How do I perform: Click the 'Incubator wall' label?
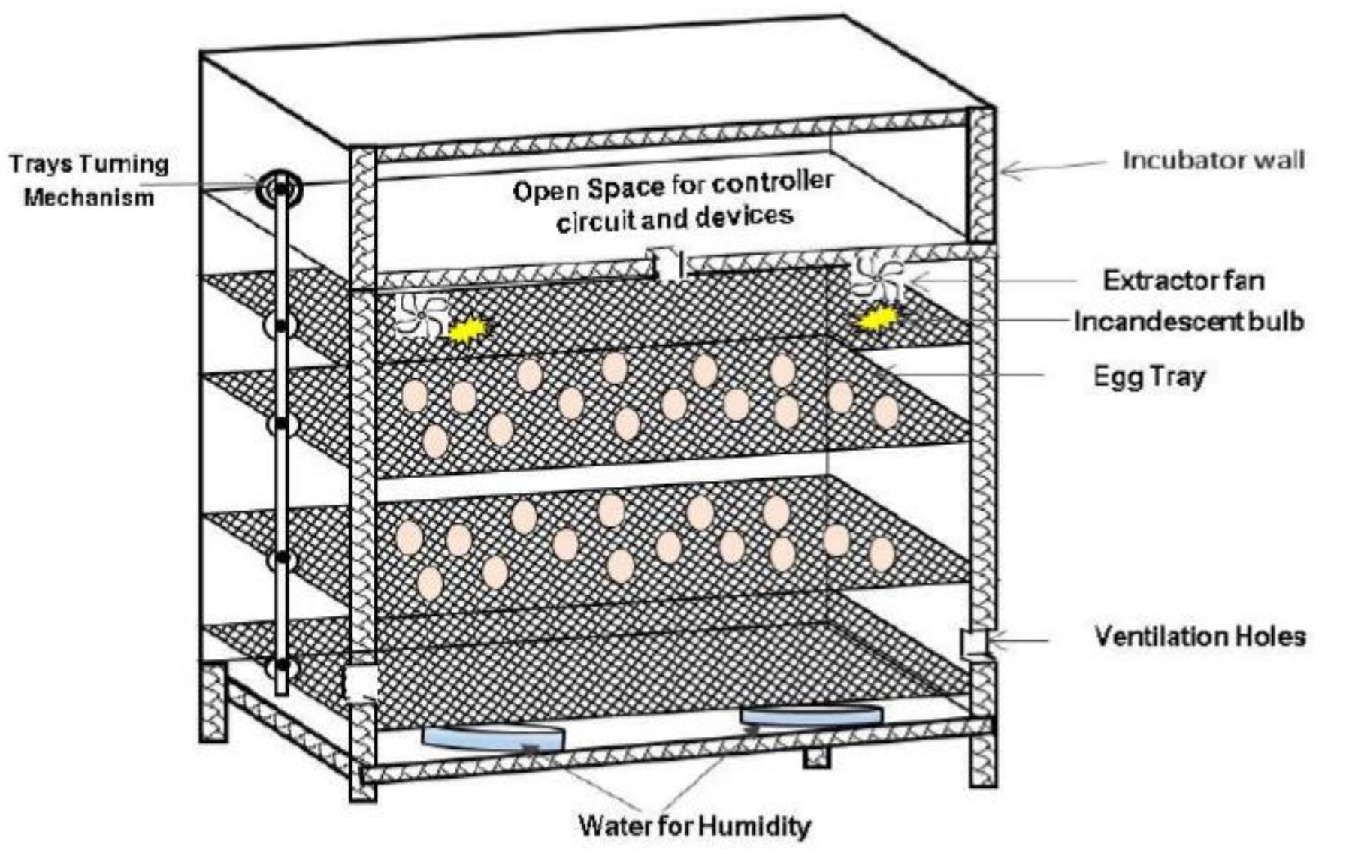click(1213, 160)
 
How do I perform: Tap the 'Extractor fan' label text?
click(1183, 280)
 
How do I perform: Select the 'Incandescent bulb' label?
click(1188, 321)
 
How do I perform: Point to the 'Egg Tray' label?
click(1149, 375)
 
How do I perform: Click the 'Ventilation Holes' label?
click(1199, 636)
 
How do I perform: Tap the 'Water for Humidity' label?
click(694, 826)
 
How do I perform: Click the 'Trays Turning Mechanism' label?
click(89, 180)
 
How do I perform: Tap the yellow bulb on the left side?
click(468, 330)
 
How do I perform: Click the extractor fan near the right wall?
click(876, 277)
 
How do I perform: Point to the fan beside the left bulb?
click(419, 315)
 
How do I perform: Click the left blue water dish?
click(493, 737)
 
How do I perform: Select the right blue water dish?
click(810, 714)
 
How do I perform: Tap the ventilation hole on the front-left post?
click(361, 683)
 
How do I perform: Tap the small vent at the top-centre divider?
click(667, 264)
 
